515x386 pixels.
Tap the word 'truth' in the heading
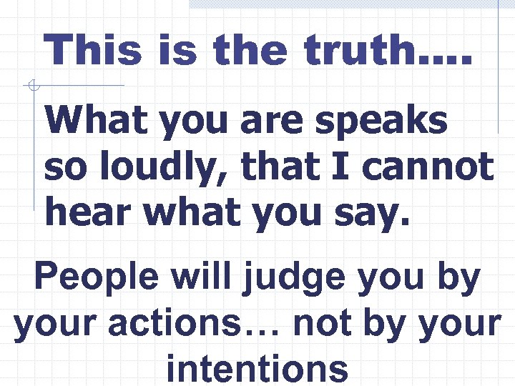[358, 51]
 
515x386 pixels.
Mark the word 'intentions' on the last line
[257, 368]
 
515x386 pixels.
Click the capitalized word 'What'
[97, 122]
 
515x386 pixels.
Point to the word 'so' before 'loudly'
[63, 168]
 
